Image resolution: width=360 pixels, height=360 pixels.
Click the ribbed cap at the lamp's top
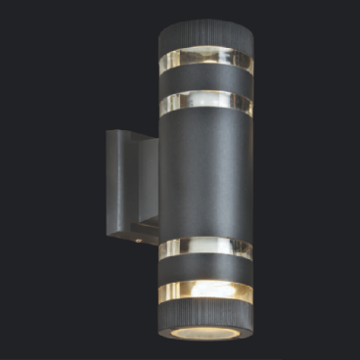(205, 37)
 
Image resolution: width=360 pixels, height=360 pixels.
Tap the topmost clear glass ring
(205, 60)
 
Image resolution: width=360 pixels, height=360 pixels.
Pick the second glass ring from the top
(205, 102)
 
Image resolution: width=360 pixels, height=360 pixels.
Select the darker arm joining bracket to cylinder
(147, 186)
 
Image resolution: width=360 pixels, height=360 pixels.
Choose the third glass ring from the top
(205, 248)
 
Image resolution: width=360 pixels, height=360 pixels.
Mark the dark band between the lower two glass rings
(205, 269)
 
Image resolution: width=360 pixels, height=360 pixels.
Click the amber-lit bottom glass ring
(205, 291)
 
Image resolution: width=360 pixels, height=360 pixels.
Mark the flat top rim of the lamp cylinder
(205, 22)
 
